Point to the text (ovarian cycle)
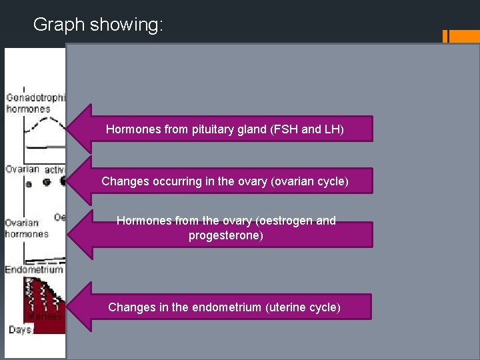coord(311,181)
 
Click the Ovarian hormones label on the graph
coord(27,229)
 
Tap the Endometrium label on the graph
coord(34,270)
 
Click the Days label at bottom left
coord(21,330)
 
